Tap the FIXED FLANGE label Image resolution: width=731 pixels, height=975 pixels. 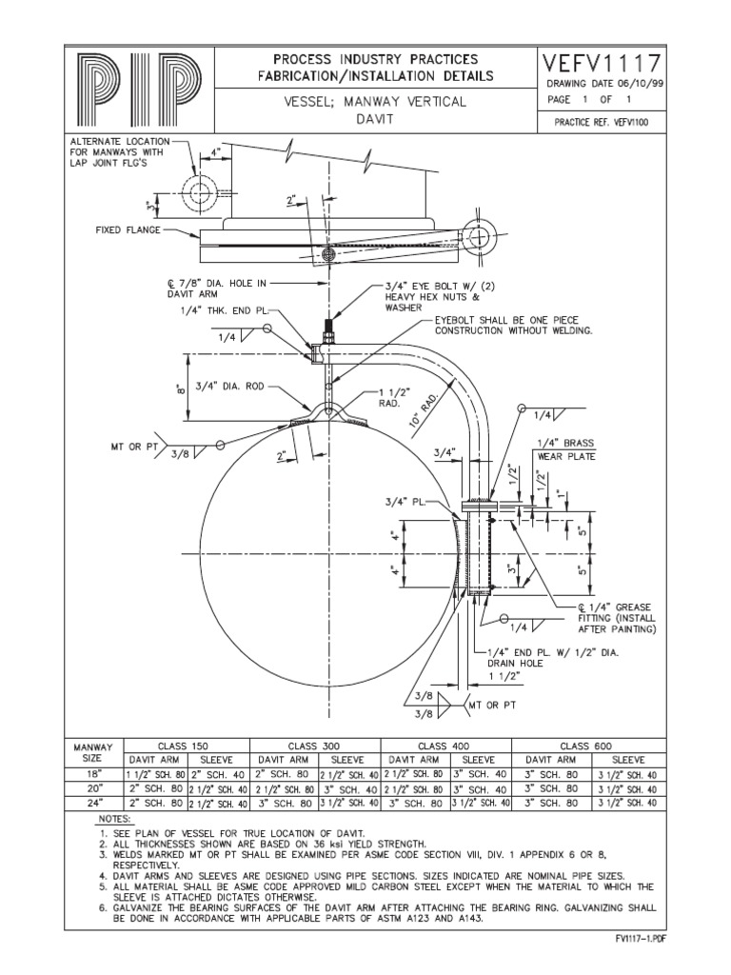(x=127, y=230)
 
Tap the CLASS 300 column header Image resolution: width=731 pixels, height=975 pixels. (x=314, y=746)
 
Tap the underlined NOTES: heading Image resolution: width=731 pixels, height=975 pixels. (x=117, y=819)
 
